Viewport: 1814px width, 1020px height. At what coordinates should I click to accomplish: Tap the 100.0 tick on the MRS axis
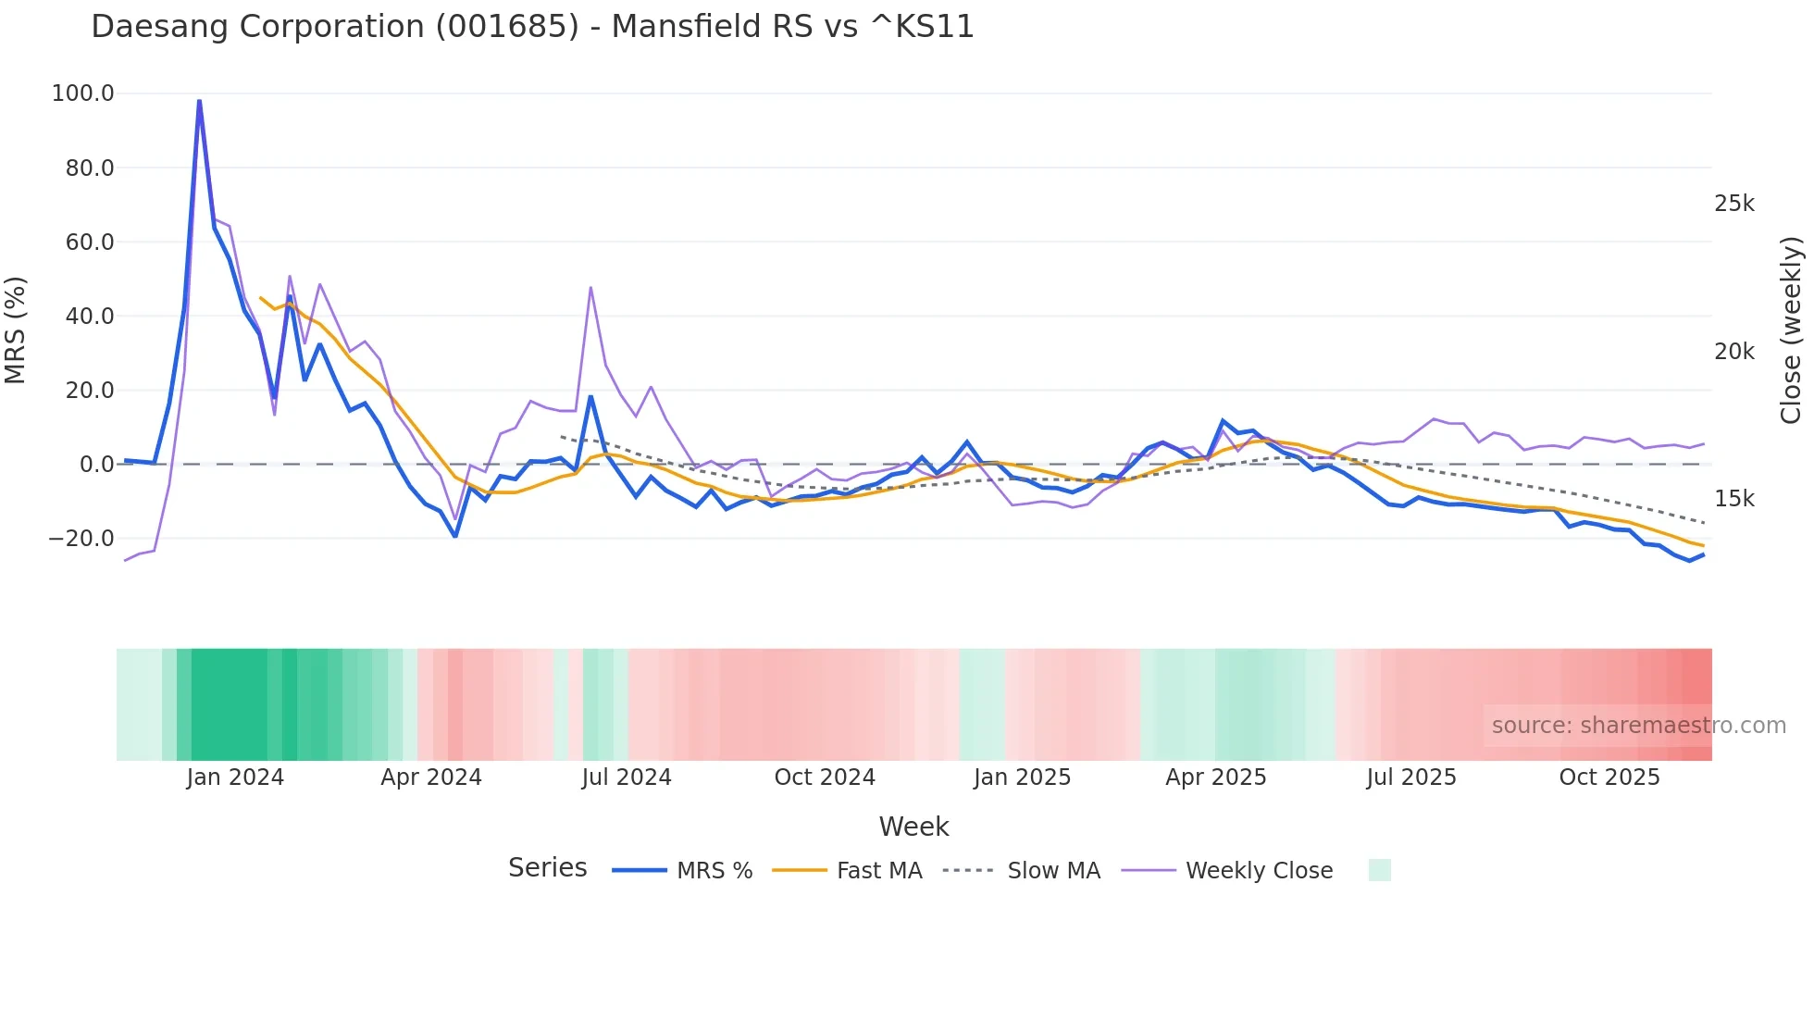pos(83,93)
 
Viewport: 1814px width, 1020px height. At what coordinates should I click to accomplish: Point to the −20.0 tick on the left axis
pos(81,539)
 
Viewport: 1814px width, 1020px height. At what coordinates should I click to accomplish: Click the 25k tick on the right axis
pos(1733,204)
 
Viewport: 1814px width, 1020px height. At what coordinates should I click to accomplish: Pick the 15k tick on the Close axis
pos(1733,499)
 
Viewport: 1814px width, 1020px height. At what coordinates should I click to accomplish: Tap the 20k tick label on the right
pos(1733,352)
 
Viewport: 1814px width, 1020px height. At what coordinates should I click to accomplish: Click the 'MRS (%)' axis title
pos(16,330)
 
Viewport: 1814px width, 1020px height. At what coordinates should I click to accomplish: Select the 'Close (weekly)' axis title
pos(1792,330)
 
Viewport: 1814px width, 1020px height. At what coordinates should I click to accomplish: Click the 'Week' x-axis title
pos(913,827)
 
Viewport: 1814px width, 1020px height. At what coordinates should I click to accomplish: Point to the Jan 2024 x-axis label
pos(235,777)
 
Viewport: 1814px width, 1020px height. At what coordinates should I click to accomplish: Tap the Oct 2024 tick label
pos(825,777)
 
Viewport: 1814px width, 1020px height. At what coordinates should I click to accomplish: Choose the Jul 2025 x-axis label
pos(1410,777)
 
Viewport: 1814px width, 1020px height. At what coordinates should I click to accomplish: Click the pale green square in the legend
pos(1379,870)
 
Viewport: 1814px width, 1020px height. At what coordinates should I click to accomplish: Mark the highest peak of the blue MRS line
pos(199,100)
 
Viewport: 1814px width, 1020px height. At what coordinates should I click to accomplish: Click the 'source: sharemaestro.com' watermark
pos(1638,726)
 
